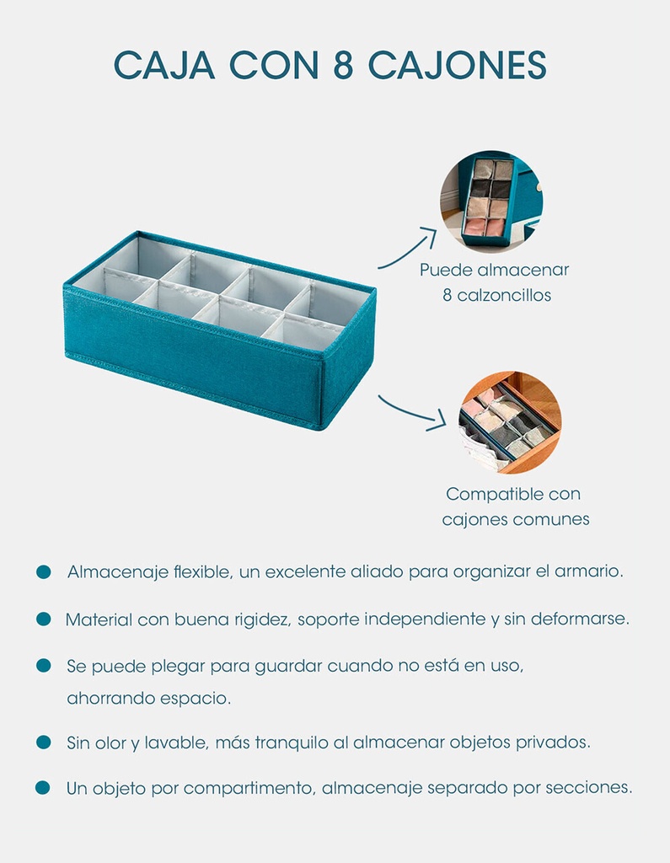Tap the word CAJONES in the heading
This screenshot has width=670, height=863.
pos(457,66)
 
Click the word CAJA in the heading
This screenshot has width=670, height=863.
pos(164,66)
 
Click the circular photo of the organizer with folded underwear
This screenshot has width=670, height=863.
pos(491,201)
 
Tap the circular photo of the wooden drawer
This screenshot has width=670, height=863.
pos(511,422)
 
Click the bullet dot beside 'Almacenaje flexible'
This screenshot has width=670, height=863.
pos(44,572)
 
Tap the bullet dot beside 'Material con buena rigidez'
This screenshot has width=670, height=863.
pos(44,619)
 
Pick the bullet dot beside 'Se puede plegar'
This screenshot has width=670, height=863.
pos(44,666)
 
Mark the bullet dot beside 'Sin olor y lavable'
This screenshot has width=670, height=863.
pos(44,742)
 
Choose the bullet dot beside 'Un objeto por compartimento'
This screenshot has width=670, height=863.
pos(43,788)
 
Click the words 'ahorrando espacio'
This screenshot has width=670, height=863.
pos(148,699)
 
